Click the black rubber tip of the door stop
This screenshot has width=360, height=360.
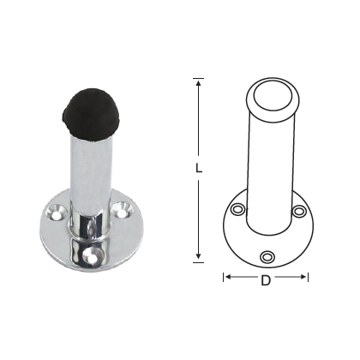[86, 113]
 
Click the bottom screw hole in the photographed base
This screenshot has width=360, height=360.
[91, 255]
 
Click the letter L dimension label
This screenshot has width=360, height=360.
[199, 168]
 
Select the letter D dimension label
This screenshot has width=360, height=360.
[266, 280]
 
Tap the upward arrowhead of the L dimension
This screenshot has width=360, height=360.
[199, 83]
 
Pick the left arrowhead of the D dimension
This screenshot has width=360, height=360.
[228, 277]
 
